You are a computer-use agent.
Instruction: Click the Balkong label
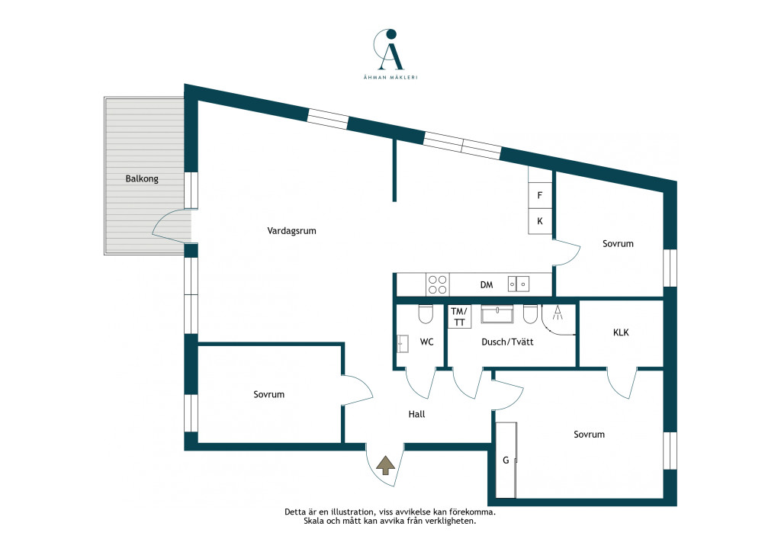[x=142, y=178]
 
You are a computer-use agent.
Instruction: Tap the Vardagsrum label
[x=291, y=231]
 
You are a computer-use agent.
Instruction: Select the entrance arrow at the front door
[x=385, y=465]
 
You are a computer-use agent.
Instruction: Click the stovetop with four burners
[x=437, y=284]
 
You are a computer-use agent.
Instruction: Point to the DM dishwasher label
[x=487, y=284]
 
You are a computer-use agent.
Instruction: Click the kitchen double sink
[x=519, y=284]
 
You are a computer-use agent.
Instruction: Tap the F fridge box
[x=540, y=196]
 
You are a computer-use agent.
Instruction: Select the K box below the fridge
[x=540, y=221]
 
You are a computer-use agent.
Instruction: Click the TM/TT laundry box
[x=459, y=316]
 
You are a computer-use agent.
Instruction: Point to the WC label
[x=426, y=342]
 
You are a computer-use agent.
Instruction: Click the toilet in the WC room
[x=426, y=313]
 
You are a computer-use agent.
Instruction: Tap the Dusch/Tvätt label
[x=507, y=342]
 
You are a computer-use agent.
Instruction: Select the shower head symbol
[x=558, y=313]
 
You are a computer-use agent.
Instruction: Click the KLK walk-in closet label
[x=621, y=332]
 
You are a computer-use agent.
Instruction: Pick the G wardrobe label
[x=506, y=461]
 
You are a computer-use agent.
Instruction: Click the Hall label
[x=416, y=414]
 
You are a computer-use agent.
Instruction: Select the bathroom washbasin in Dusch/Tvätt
[x=497, y=314]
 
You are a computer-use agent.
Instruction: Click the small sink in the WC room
[x=403, y=344]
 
